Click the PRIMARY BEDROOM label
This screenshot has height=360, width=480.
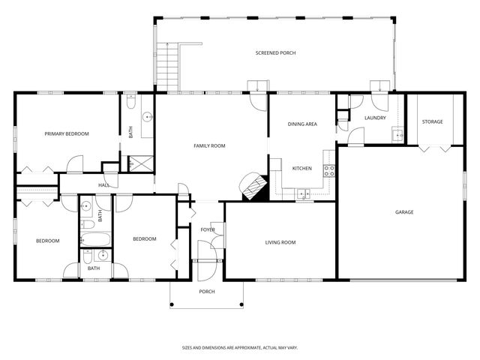coord(66,133)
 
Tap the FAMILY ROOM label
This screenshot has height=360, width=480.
coord(209,145)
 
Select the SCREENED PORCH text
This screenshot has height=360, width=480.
coord(275,53)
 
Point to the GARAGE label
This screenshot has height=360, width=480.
coord(404,212)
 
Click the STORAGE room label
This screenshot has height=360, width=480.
coord(432,121)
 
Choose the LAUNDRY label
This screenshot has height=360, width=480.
coord(374,118)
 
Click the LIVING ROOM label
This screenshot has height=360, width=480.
coord(280,242)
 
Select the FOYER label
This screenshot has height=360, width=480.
coord(207,229)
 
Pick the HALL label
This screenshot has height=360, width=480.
coord(104,185)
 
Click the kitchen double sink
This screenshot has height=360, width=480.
coord(303,195)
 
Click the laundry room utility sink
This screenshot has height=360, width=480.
coord(398,135)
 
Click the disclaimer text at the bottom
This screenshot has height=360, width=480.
coord(239,348)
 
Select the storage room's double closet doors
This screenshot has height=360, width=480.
coord(432,148)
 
